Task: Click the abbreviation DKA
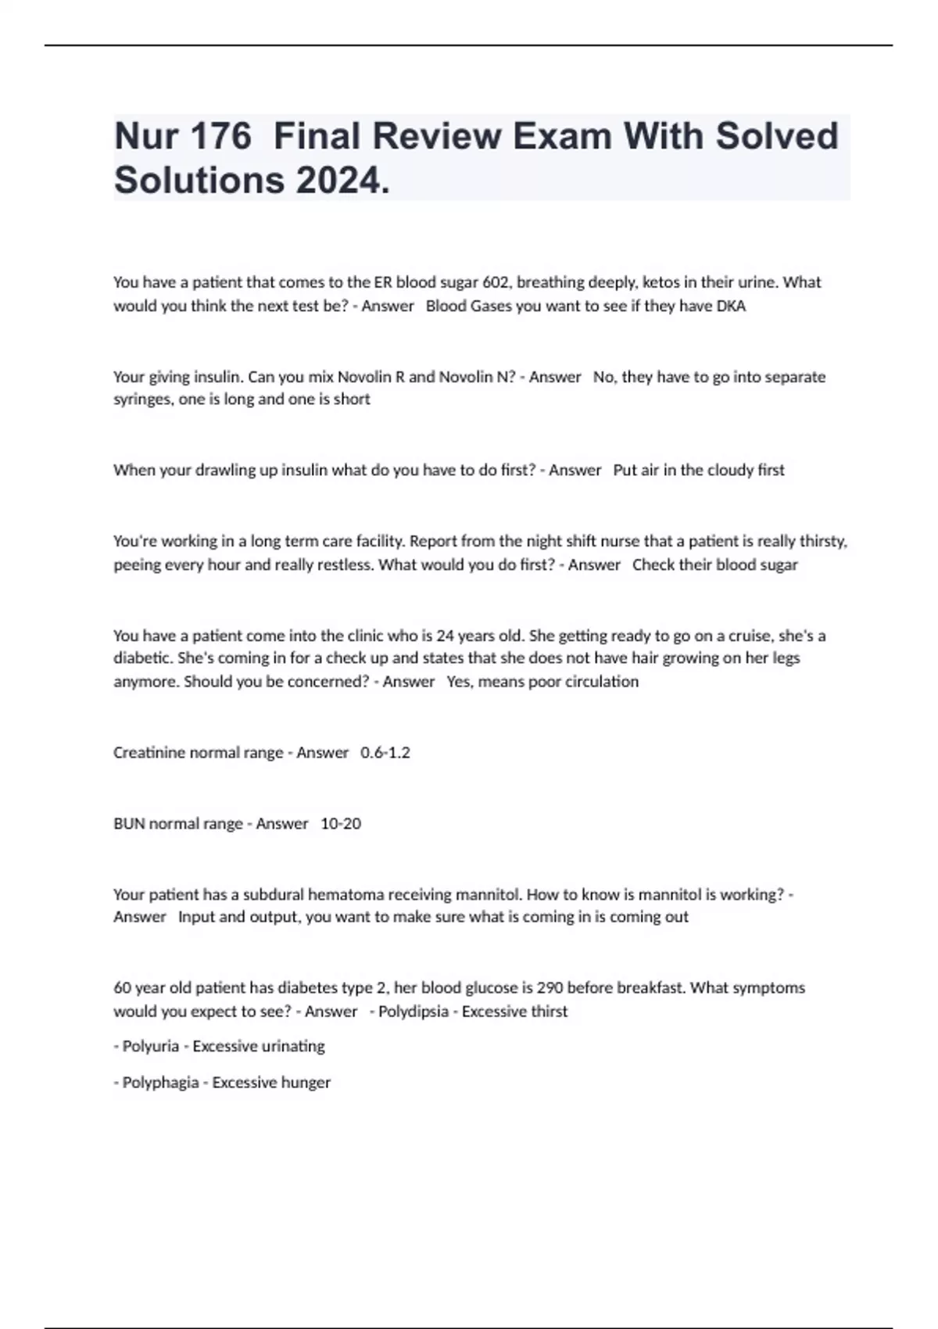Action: click(731, 306)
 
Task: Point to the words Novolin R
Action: click(371, 377)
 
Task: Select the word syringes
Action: click(141, 399)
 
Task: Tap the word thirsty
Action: click(822, 541)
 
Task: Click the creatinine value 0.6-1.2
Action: click(385, 753)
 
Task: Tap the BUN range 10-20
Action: click(341, 823)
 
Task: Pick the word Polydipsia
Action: click(414, 1011)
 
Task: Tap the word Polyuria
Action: click(151, 1046)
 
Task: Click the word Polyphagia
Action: click(160, 1083)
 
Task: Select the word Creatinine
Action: click(149, 753)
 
